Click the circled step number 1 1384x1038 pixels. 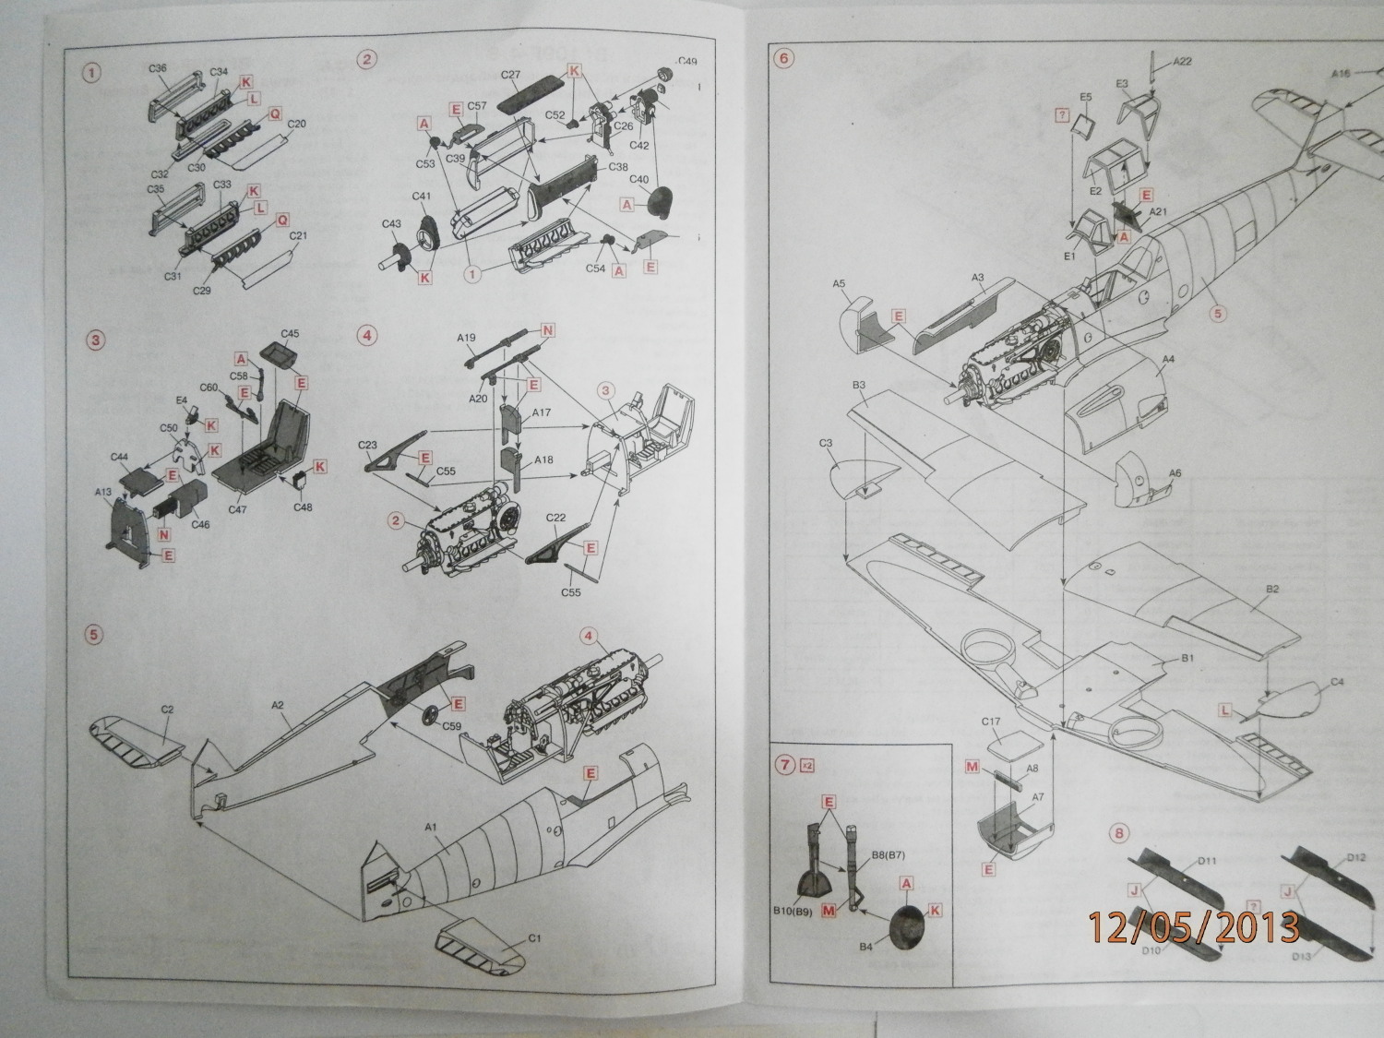click(x=90, y=73)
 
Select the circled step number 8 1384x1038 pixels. click(x=1118, y=833)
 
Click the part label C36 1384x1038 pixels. click(x=157, y=68)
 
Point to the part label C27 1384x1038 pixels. click(x=510, y=75)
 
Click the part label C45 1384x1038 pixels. click(x=290, y=333)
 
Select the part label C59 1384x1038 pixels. click(x=452, y=725)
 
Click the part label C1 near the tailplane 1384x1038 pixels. click(x=533, y=939)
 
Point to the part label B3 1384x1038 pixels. click(x=858, y=384)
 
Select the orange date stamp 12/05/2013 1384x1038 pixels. click(x=1194, y=927)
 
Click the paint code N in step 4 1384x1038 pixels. click(x=548, y=330)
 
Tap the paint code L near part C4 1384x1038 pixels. click(x=1225, y=710)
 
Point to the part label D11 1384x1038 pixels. click(x=1207, y=861)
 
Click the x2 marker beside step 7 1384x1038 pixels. click(x=808, y=765)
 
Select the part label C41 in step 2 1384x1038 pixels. click(x=421, y=196)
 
